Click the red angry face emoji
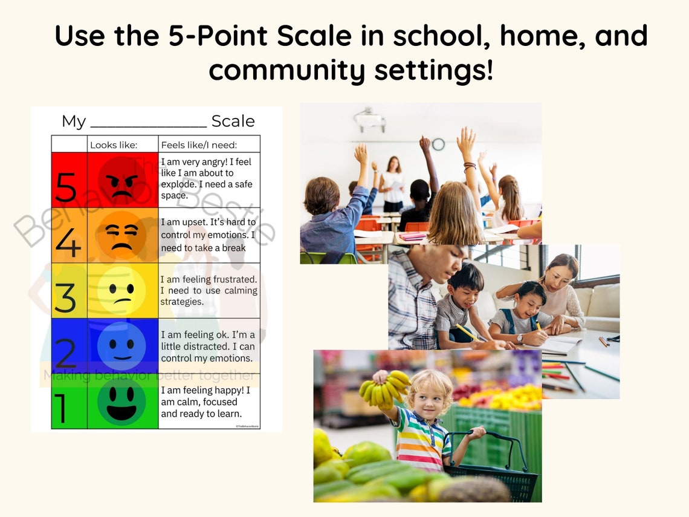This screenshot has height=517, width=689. (122, 180)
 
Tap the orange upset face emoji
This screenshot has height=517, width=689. (122, 235)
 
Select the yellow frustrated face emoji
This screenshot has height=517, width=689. (122, 290)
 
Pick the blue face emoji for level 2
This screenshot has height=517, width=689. (122, 346)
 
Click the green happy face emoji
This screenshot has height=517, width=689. (122, 402)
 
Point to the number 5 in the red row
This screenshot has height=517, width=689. (66, 187)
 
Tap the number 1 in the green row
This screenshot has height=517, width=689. (60, 408)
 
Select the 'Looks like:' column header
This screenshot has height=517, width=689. (114, 145)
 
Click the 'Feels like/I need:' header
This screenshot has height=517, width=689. (199, 145)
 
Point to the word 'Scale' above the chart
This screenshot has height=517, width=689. (233, 121)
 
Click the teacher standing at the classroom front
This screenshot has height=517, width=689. (393, 184)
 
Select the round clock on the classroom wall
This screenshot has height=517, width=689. (438, 144)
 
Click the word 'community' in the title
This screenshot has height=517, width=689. (288, 71)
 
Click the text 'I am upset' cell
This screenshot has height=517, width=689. (209, 235)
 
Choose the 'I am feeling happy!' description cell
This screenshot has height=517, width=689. (209, 402)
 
